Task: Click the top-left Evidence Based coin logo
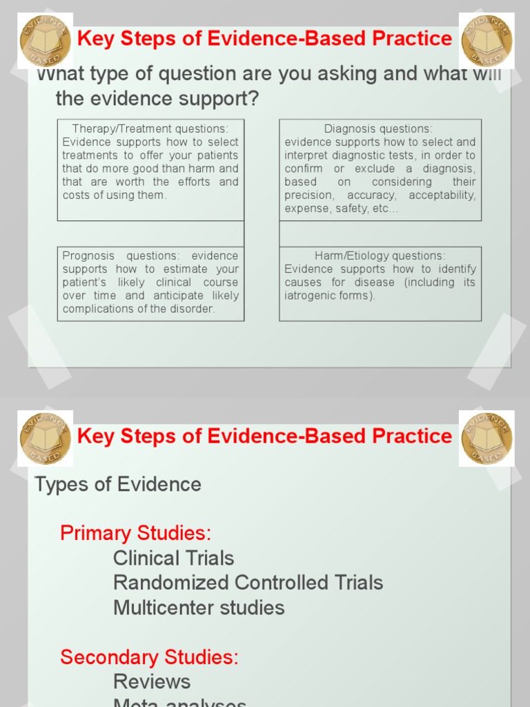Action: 45,40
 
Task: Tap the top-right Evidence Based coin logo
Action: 487,40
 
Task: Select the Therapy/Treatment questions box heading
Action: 150,128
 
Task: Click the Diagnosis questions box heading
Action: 379,128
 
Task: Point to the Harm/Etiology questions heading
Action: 380,255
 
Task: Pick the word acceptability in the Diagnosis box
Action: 442,195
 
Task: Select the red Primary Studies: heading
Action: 135,533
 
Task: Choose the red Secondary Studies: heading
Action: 149,657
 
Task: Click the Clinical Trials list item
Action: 173,558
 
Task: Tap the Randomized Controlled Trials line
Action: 248,583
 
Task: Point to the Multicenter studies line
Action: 199,608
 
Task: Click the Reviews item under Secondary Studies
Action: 152,681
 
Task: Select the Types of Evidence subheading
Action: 118,484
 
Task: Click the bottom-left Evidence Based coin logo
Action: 45,438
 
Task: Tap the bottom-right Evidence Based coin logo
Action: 487,438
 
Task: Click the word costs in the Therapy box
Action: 76,195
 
